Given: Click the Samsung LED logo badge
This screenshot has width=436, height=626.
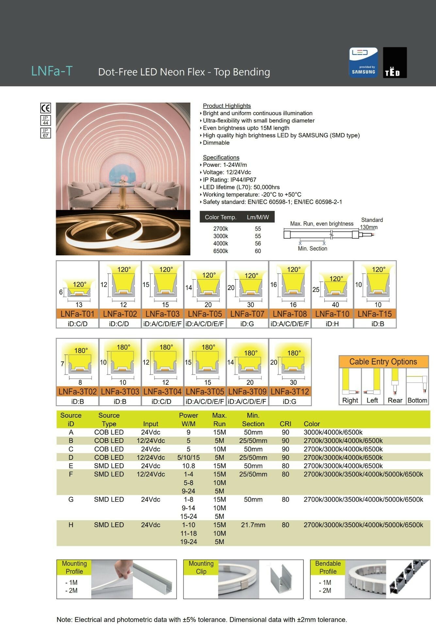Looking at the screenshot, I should tap(363, 63).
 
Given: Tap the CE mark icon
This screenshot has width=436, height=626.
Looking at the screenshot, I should tap(45, 108).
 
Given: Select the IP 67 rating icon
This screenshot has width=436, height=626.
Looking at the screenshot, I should tap(45, 133).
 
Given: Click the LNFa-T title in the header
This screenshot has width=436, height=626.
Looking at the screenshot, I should tap(52, 71).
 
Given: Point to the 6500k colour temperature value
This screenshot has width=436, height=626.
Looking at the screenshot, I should tap(220, 251).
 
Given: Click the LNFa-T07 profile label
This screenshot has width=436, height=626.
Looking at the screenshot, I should tap(247, 314).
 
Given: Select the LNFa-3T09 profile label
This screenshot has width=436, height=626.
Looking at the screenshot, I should tap(247, 392).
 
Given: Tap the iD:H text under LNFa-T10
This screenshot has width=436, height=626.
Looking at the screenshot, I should tap(332, 324).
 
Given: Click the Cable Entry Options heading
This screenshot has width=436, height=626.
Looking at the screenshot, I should tap(383, 361).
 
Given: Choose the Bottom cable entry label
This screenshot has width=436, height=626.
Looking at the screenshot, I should tap(417, 400).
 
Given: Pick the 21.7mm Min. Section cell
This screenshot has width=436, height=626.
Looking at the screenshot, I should tap(253, 525).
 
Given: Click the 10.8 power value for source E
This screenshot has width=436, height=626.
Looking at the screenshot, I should tap(188, 466).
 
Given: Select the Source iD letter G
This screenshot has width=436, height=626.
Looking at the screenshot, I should tap(71, 499).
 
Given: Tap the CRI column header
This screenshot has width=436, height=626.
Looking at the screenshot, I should tap(285, 424).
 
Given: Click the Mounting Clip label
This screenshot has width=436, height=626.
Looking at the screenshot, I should tap(201, 567).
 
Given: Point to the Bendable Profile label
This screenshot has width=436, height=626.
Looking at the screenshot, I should tap(328, 567).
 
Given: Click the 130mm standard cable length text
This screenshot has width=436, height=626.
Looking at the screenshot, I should tap(369, 227).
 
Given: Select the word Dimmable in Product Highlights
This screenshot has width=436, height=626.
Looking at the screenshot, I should tap(216, 143).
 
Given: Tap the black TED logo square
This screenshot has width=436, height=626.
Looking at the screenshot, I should tap(395, 63).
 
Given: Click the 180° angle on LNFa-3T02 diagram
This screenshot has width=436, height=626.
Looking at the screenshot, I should tap(81, 350).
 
